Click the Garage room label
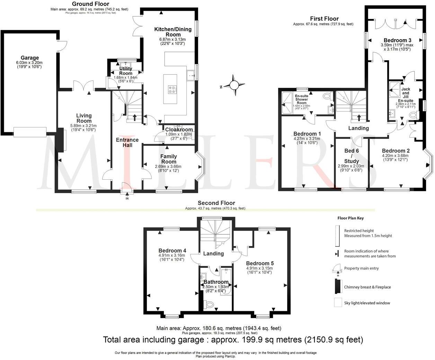pyautogui.click(x=30, y=58)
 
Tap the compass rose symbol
pyautogui.click(x=234, y=85)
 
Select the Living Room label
pyautogui.click(x=84, y=118)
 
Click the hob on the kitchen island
pyautogui.click(x=172, y=89)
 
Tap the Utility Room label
pyautogui.click(x=126, y=71)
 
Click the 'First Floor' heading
pyautogui.click(x=325, y=19)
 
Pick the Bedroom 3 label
pyautogui.click(x=395, y=40)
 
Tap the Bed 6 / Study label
pyautogui.click(x=352, y=156)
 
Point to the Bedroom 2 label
pyautogui.click(x=396, y=151)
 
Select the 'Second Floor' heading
pyautogui.click(x=216, y=203)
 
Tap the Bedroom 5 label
pyautogui.click(x=260, y=263)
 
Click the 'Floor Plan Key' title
pyautogui.click(x=350, y=218)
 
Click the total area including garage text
pyautogui.click(x=233, y=340)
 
